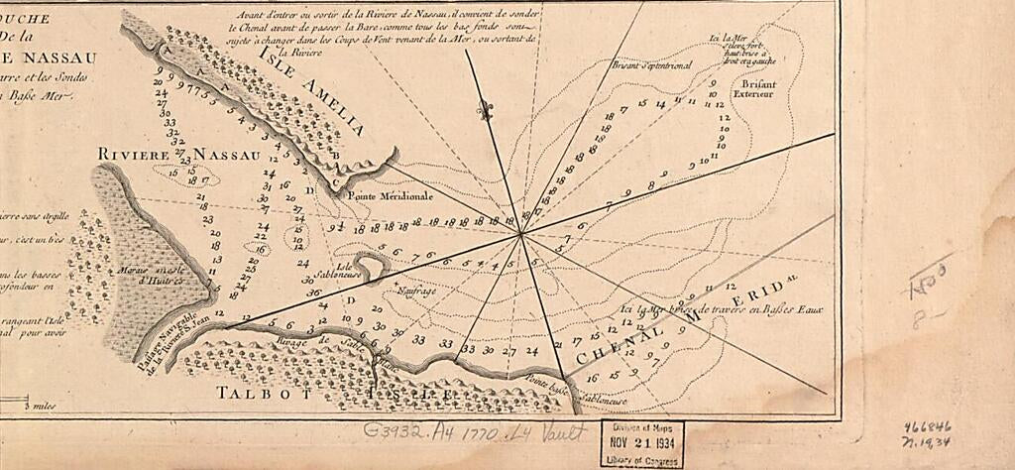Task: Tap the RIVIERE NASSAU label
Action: click(x=178, y=155)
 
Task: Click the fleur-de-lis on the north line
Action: click(x=486, y=111)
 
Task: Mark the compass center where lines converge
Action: click(x=521, y=234)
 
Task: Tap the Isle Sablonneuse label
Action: click(x=346, y=270)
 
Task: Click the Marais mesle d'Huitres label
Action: click(x=148, y=274)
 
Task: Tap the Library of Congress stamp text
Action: click(x=641, y=461)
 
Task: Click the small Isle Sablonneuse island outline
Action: click(x=372, y=265)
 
